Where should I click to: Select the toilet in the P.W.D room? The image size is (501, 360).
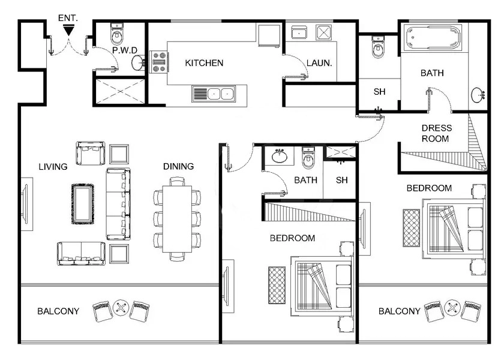tap(116, 35)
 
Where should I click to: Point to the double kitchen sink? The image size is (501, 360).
tap(214, 94)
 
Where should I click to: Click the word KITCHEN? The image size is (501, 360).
tap(204, 63)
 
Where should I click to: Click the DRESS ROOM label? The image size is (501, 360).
tap(436, 133)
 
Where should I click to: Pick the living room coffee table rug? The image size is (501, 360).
tap(83, 204)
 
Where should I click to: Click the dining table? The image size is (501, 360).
tap(178, 219)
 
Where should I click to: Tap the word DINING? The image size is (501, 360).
tap(178, 166)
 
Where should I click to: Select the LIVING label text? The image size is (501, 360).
tap(53, 166)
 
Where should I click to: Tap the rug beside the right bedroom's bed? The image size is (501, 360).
tap(411, 228)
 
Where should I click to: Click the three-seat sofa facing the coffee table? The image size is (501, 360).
tap(118, 204)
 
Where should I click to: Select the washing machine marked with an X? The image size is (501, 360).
tap(325, 32)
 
